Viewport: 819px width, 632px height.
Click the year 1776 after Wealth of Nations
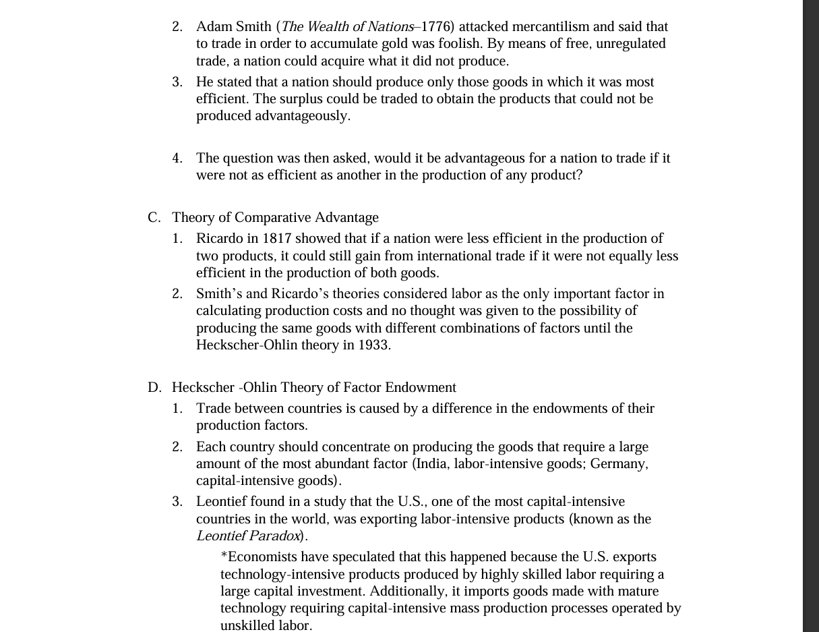[437, 27]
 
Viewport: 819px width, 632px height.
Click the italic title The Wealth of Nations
[347, 27]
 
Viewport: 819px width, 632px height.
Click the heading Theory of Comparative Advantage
[275, 218]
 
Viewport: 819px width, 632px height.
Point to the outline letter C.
[154, 218]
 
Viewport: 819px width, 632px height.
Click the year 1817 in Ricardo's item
[276, 239]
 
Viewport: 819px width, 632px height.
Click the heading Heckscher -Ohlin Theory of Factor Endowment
[313, 388]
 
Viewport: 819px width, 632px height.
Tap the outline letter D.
[154, 388]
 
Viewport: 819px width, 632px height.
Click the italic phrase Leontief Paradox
[248, 536]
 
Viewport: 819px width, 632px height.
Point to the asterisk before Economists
[224, 556]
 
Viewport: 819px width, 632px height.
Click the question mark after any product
[579, 175]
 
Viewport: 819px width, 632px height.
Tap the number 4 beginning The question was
[177, 159]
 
